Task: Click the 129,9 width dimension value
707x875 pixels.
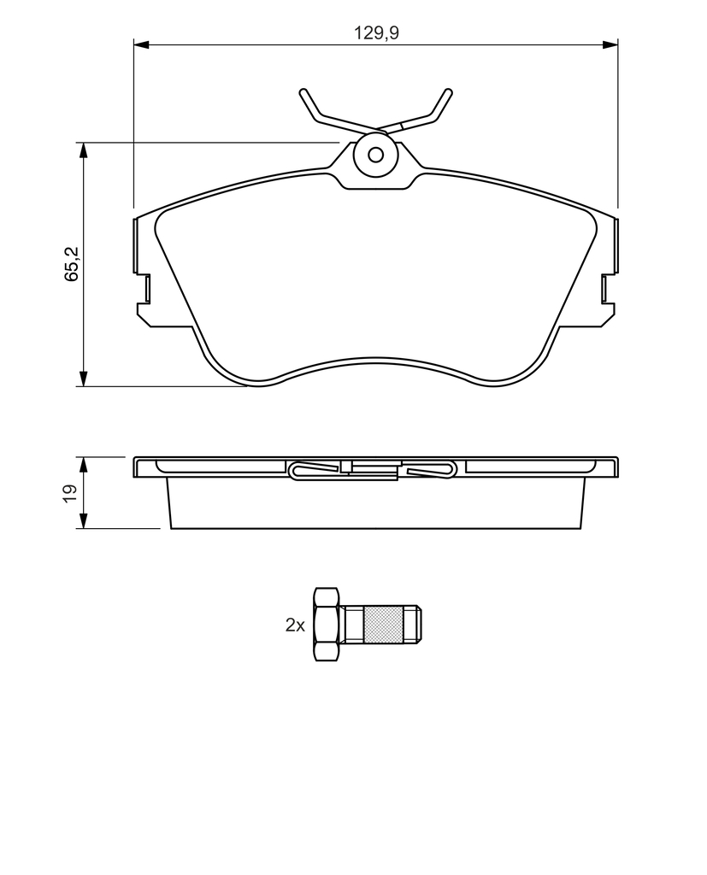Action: tap(376, 33)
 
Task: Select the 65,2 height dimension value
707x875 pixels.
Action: tap(72, 263)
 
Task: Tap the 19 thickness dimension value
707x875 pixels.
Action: tap(70, 493)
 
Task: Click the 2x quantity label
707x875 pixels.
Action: tap(295, 625)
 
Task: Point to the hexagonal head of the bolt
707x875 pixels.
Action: tap(327, 625)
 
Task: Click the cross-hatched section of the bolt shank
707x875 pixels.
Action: tap(383, 625)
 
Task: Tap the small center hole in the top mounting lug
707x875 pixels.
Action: tap(376, 155)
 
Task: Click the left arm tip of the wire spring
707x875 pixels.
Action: tap(303, 92)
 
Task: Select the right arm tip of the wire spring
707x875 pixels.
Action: tap(449, 92)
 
